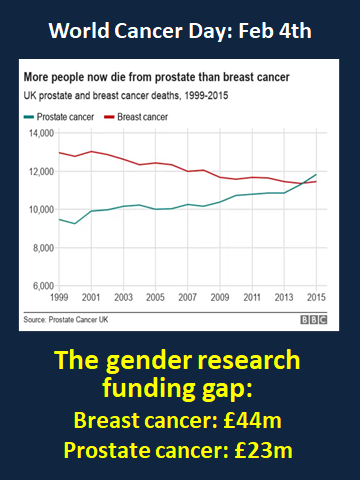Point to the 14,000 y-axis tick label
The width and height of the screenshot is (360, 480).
[40, 133]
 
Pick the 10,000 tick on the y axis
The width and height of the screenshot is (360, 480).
[40, 210]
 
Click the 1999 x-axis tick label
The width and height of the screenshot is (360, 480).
[59, 299]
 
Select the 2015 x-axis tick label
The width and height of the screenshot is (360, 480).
[316, 299]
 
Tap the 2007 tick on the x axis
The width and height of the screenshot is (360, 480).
[187, 299]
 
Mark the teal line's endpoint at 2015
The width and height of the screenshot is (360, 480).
[316, 175]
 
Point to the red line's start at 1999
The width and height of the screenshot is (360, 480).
[59, 153]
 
